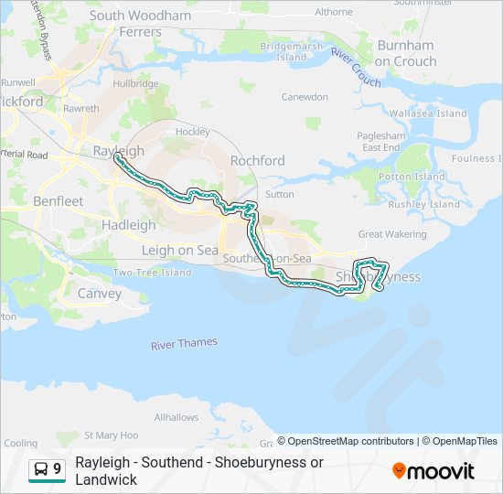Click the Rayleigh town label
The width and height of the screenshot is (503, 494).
tap(119, 150)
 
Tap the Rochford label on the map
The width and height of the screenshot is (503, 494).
tap(257, 160)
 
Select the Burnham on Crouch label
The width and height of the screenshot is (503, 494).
tap(405, 53)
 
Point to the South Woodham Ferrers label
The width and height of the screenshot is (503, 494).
tap(140, 23)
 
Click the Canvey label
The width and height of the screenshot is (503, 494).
tap(100, 294)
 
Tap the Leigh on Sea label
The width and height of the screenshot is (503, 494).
tap(180, 250)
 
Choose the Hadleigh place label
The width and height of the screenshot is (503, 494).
tap(129, 224)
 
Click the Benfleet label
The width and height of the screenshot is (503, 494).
tap(58, 200)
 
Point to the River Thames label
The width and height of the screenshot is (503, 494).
tap(185, 343)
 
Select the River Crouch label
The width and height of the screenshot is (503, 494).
tap(356, 68)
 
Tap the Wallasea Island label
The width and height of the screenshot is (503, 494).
tap(428, 113)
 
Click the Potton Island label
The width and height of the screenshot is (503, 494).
tap(411, 177)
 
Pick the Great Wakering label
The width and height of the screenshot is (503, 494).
tap(392, 234)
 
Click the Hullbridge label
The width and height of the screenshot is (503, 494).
tap(135, 82)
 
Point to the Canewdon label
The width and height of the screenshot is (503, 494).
tap(305, 96)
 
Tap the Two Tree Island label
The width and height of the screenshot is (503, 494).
tap(152, 273)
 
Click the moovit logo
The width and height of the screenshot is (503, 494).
tap(433, 470)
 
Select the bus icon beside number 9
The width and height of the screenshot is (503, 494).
tap(41, 470)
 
